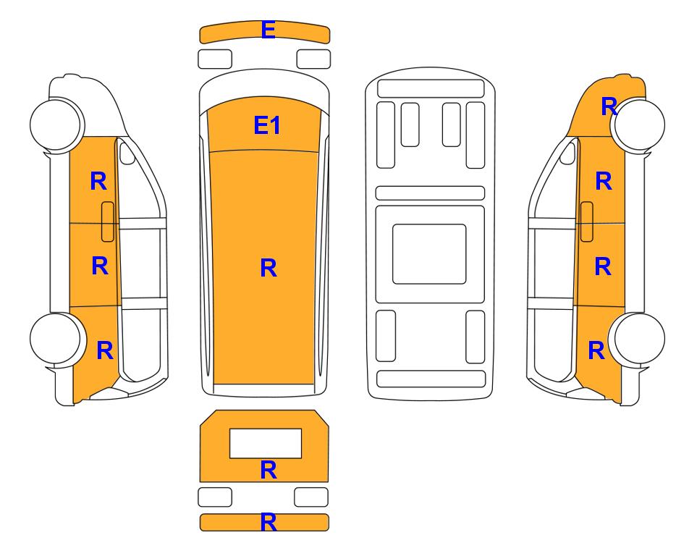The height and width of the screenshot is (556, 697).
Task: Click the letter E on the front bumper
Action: [268, 30]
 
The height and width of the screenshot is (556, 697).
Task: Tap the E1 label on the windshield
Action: [266, 125]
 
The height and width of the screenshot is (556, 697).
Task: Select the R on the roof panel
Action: [269, 268]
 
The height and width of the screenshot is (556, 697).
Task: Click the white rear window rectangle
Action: [266, 443]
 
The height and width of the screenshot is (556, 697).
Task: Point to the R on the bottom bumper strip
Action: [269, 522]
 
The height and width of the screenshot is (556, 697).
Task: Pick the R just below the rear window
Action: [269, 470]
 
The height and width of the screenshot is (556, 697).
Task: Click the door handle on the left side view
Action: [108, 222]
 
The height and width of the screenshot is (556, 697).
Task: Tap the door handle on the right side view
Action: [587, 222]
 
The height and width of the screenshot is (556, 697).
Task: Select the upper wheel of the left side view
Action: [57, 124]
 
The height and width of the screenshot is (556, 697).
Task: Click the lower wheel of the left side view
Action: [57, 339]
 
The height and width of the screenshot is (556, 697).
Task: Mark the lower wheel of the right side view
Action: [638, 339]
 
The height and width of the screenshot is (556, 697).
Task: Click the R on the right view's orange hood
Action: [609, 106]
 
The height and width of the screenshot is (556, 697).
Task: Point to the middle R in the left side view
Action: [100, 266]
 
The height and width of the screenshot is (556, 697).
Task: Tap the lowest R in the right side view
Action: [596, 350]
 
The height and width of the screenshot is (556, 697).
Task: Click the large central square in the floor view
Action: [429, 254]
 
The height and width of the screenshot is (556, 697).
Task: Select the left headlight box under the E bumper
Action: [215, 59]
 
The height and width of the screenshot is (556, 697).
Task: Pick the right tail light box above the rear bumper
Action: [311, 497]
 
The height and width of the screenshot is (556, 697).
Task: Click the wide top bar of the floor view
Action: [431, 88]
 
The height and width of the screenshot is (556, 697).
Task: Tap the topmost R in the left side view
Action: [98, 182]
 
